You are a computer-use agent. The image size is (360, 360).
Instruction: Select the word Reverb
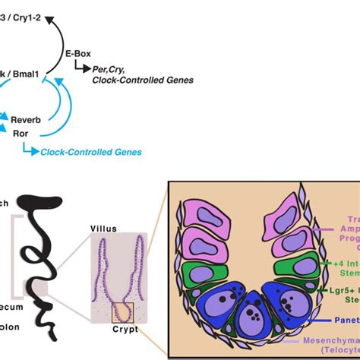[25, 120]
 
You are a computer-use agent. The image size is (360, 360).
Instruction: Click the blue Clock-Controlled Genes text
[91, 152]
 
